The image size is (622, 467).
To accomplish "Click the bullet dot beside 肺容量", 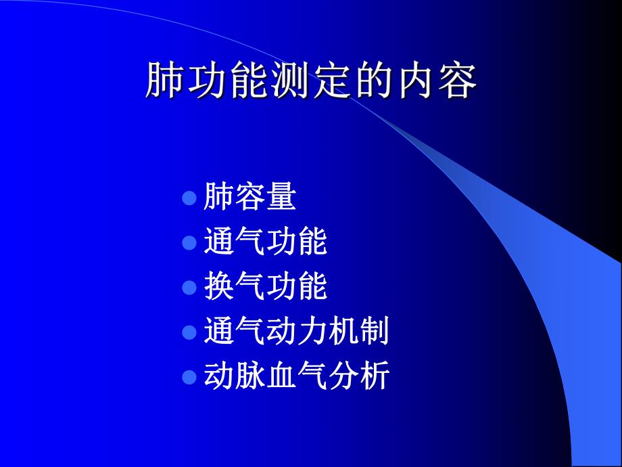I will (x=189, y=198).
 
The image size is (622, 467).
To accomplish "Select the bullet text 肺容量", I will (x=249, y=197).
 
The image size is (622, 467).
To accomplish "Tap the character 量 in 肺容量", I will (x=281, y=197).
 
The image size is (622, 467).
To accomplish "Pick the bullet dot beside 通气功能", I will (x=189, y=242).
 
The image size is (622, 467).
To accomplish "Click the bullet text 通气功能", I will (x=265, y=242).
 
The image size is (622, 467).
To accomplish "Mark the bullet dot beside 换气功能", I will (x=189, y=287).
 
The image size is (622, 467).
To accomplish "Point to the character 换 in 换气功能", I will (x=218, y=286).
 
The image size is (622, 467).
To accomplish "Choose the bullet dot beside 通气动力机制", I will (x=189, y=332).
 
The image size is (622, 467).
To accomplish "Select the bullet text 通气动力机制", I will (x=296, y=332).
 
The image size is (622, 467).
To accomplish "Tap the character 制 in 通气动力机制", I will (x=374, y=332).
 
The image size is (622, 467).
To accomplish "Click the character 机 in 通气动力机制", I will (x=343, y=332).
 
